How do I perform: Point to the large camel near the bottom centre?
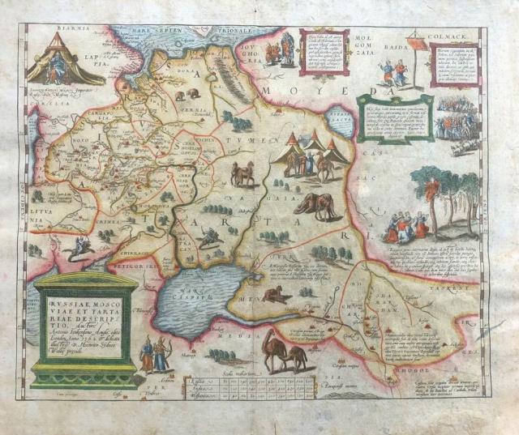click(280, 350)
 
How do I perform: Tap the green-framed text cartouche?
click(394, 117)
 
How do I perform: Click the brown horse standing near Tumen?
click(242, 173)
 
